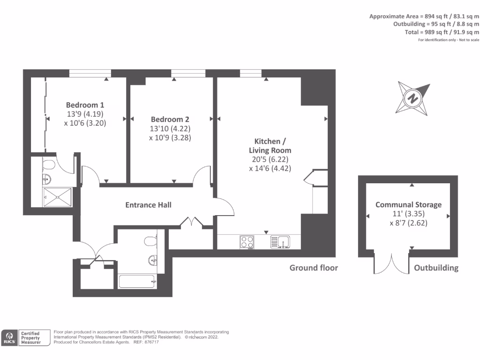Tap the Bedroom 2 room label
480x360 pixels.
tap(170, 120)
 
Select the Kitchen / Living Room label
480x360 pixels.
tap(272, 146)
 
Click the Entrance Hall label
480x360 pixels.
tap(148, 205)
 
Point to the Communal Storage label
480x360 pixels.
tap(408, 205)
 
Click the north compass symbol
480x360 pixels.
tap(413, 98)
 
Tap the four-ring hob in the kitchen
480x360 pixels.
tap(247, 242)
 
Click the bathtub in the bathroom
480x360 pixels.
tap(137, 282)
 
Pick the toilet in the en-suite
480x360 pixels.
tap(49, 165)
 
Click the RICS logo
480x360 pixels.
tap(10, 337)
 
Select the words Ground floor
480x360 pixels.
tap(313, 268)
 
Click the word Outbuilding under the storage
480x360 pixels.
tap(436, 268)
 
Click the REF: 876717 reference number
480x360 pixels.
tap(146, 342)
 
